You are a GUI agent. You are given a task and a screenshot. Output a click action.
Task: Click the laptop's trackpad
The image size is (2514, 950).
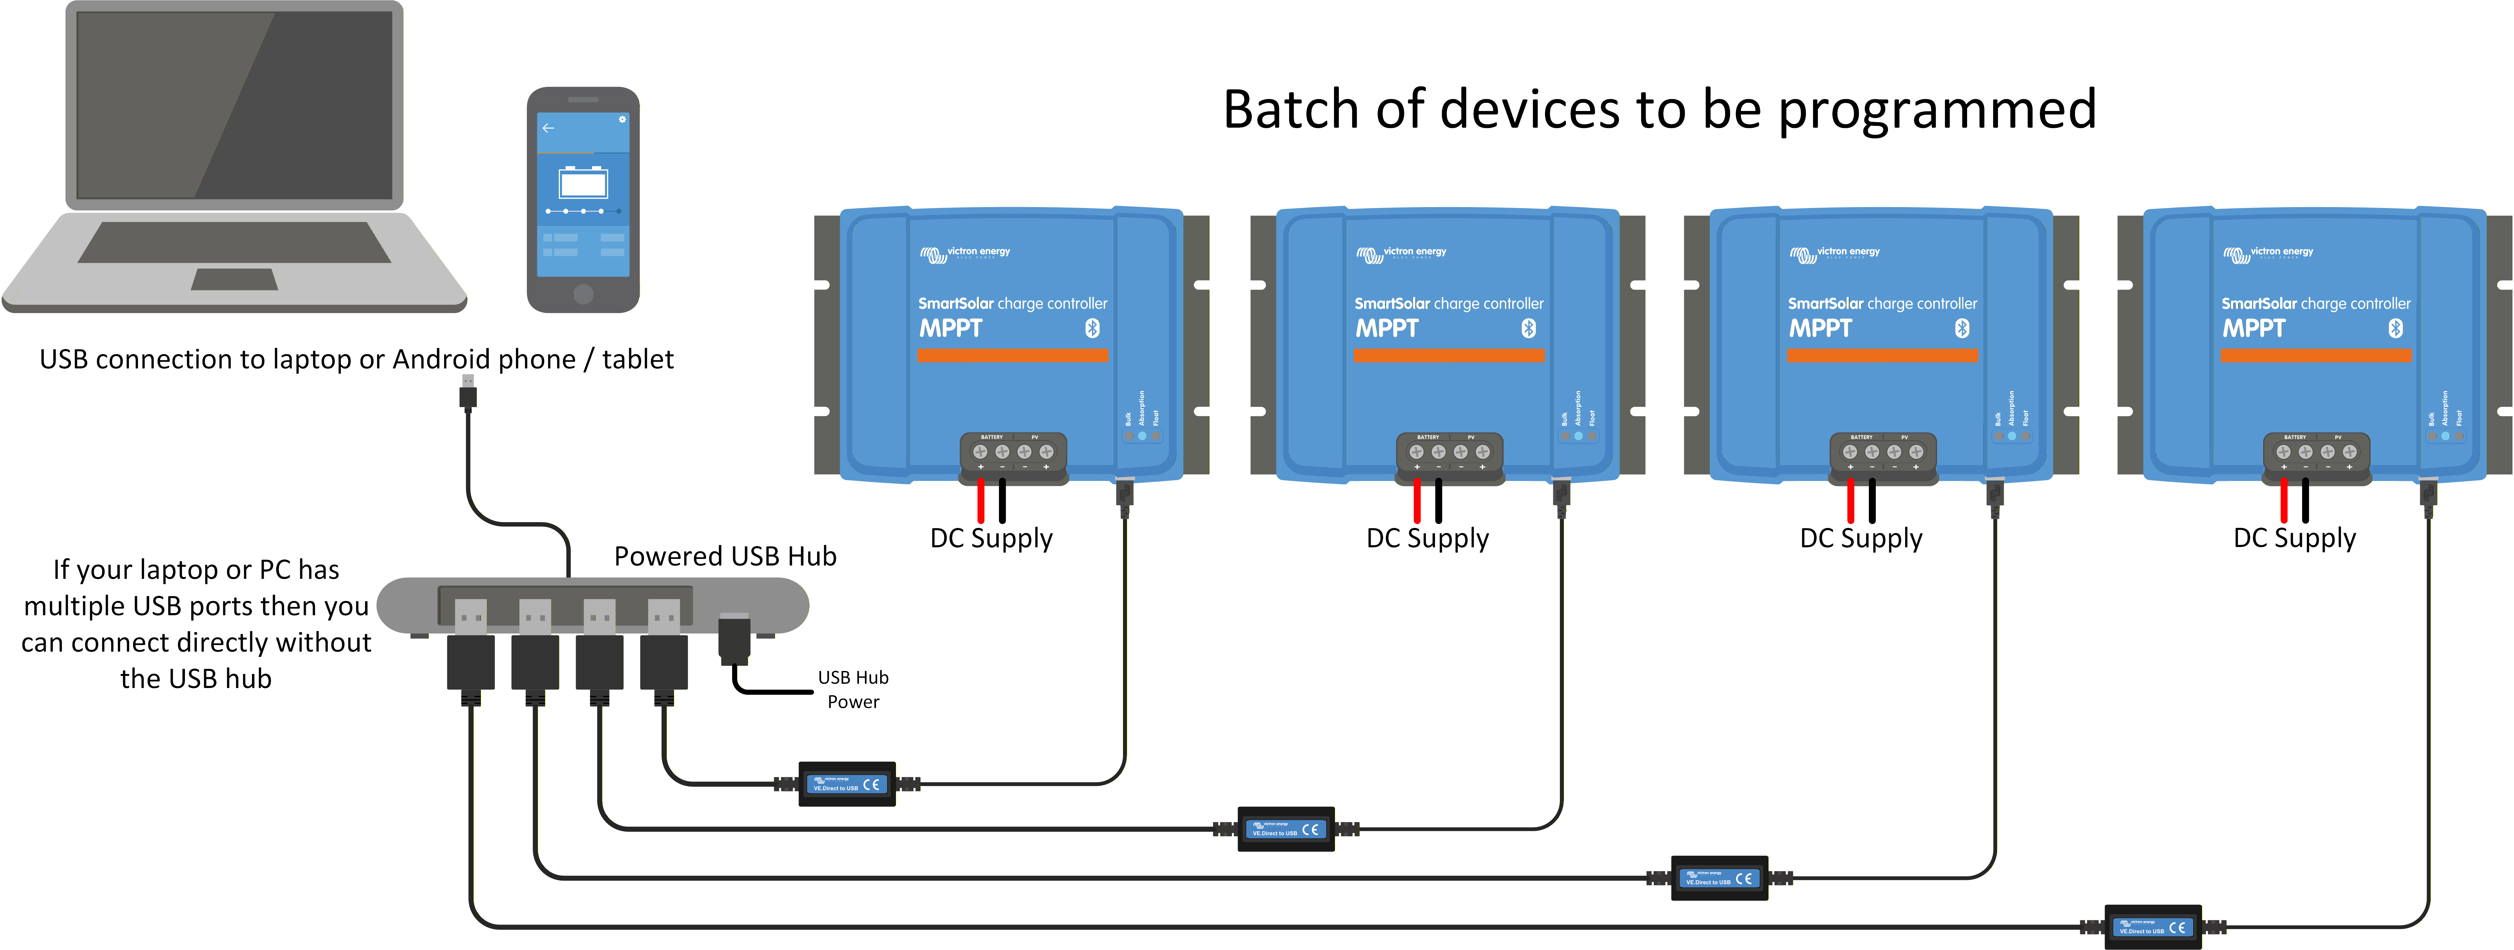coord(234,280)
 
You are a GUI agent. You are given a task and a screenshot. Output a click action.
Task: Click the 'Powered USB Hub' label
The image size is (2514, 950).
coord(725,556)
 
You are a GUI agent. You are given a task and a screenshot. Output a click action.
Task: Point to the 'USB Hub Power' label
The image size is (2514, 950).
coord(853,689)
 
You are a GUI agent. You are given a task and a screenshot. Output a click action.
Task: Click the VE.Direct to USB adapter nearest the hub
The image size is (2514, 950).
coord(847,784)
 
